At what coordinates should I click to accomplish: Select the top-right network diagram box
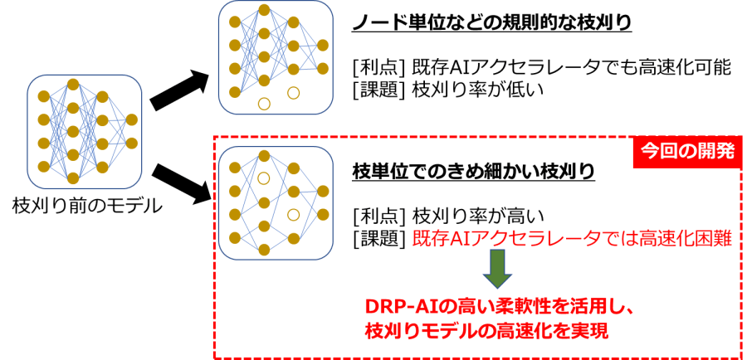click(x=276, y=57)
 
